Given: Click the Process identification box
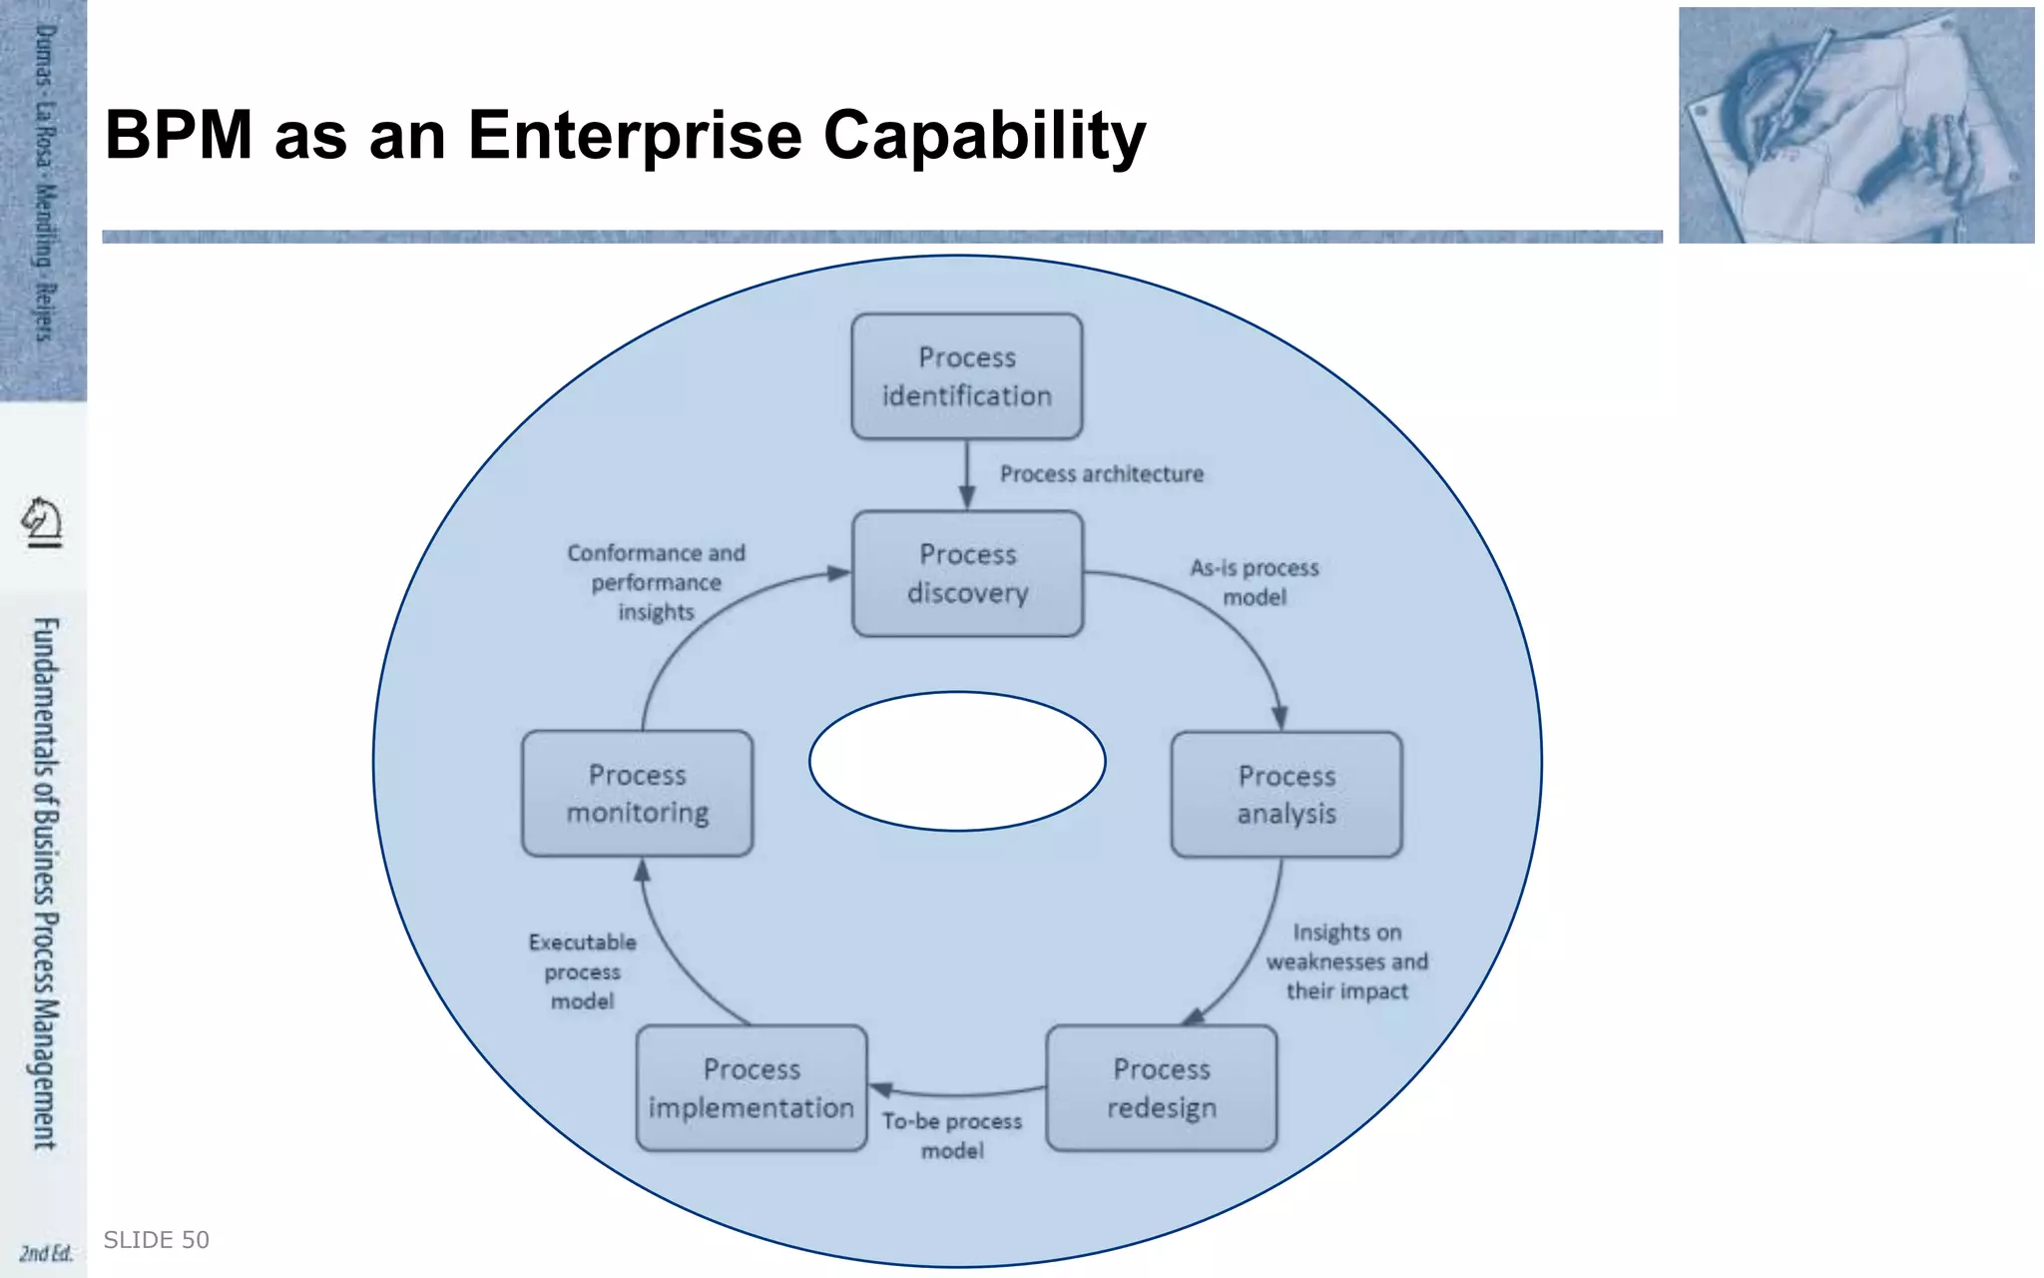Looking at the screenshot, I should (x=966, y=376).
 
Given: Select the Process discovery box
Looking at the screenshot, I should (x=967, y=573).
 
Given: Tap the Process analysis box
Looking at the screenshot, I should (x=1285, y=795).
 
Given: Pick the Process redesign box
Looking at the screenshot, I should (x=1161, y=1088).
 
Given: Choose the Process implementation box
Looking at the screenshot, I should (x=752, y=1088).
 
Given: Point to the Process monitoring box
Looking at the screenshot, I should (x=637, y=794).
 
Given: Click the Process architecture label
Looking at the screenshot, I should (x=1102, y=474).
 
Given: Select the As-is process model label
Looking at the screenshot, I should (x=1255, y=582).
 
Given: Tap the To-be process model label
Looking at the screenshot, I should (x=952, y=1135).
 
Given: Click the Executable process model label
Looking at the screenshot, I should (x=582, y=971).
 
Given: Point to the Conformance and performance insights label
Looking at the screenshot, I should (x=656, y=582).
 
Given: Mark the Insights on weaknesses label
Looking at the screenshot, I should (x=1346, y=961).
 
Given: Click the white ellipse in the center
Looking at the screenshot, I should (x=957, y=761).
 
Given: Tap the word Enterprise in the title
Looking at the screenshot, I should (x=635, y=135).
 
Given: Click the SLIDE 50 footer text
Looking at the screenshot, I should (x=157, y=1240).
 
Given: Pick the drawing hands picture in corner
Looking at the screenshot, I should (x=1855, y=125).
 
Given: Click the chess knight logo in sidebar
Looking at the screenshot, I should (x=42, y=521).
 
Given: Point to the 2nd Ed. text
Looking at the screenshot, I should (x=45, y=1253).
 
